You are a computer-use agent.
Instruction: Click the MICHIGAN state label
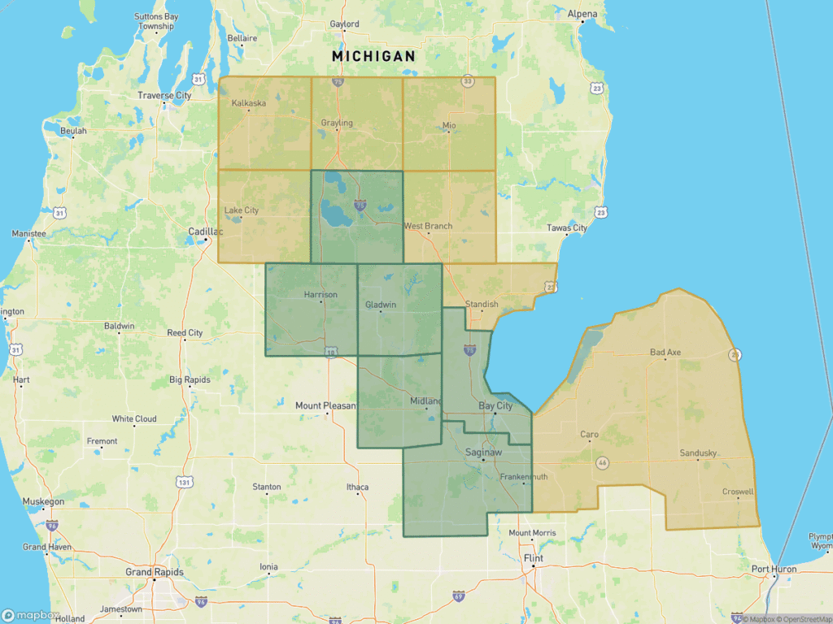[x=373, y=56]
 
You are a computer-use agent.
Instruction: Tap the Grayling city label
[x=337, y=123]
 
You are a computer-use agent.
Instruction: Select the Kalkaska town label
[x=249, y=103]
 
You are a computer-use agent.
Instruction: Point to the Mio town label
[x=449, y=125]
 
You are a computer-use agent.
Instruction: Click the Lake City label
[x=242, y=210]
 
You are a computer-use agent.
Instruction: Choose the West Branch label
[x=429, y=226]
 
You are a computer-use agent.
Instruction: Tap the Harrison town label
[x=320, y=295]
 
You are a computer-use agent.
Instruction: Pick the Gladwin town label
[x=381, y=305]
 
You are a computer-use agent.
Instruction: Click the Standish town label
[x=482, y=305]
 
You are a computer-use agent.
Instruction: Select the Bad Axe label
[x=665, y=353]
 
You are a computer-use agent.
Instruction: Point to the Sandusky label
[x=699, y=453]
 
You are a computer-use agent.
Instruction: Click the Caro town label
[x=589, y=435]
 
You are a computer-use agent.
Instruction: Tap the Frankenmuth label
[x=522, y=477]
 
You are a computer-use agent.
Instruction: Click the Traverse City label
[x=164, y=96]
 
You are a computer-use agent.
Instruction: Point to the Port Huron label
[x=774, y=569]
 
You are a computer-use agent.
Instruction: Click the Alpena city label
[x=582, y=15]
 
